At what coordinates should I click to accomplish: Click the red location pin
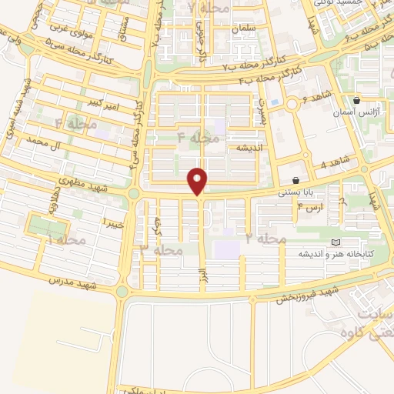point(199,182)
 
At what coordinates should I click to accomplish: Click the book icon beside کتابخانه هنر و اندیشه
point(334,243)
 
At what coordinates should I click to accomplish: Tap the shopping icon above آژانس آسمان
point(356,101)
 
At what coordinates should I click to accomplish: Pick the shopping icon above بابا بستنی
point(295,180)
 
